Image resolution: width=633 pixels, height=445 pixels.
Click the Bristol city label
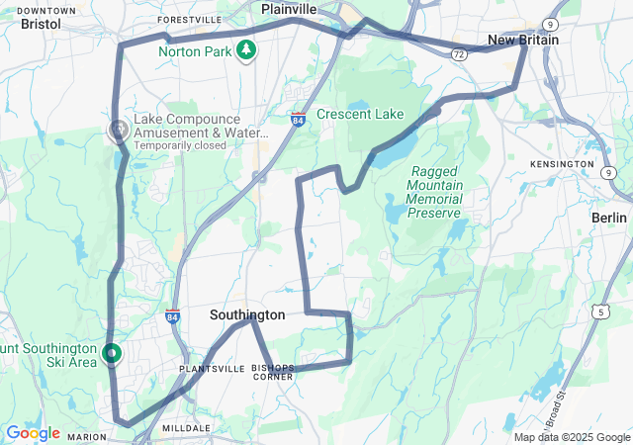click(x=40, y=23)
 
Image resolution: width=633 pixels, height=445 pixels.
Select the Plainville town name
click(x=289, y=8)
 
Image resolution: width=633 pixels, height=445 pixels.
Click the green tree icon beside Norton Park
click(x=244, y=49)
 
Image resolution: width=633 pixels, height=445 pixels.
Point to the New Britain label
click(x=523, y=41)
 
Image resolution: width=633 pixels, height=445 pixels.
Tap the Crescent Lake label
click(x=361, y=115)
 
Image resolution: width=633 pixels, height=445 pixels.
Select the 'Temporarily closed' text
click(x=180, y=145)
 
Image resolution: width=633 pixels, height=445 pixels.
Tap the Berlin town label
click(x=608, y=218)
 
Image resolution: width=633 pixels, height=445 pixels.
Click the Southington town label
click(x=247, y=315)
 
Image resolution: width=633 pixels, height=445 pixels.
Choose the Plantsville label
click(x=212, y=368)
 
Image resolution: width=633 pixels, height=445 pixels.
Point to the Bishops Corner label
click(x=273, y=372)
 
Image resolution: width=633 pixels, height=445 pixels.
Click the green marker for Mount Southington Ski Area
click(x=112, y=352)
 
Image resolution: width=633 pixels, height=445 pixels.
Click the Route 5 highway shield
click(x=600, y=311)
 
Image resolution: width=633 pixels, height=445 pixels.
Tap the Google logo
click(x=33, y=433)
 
